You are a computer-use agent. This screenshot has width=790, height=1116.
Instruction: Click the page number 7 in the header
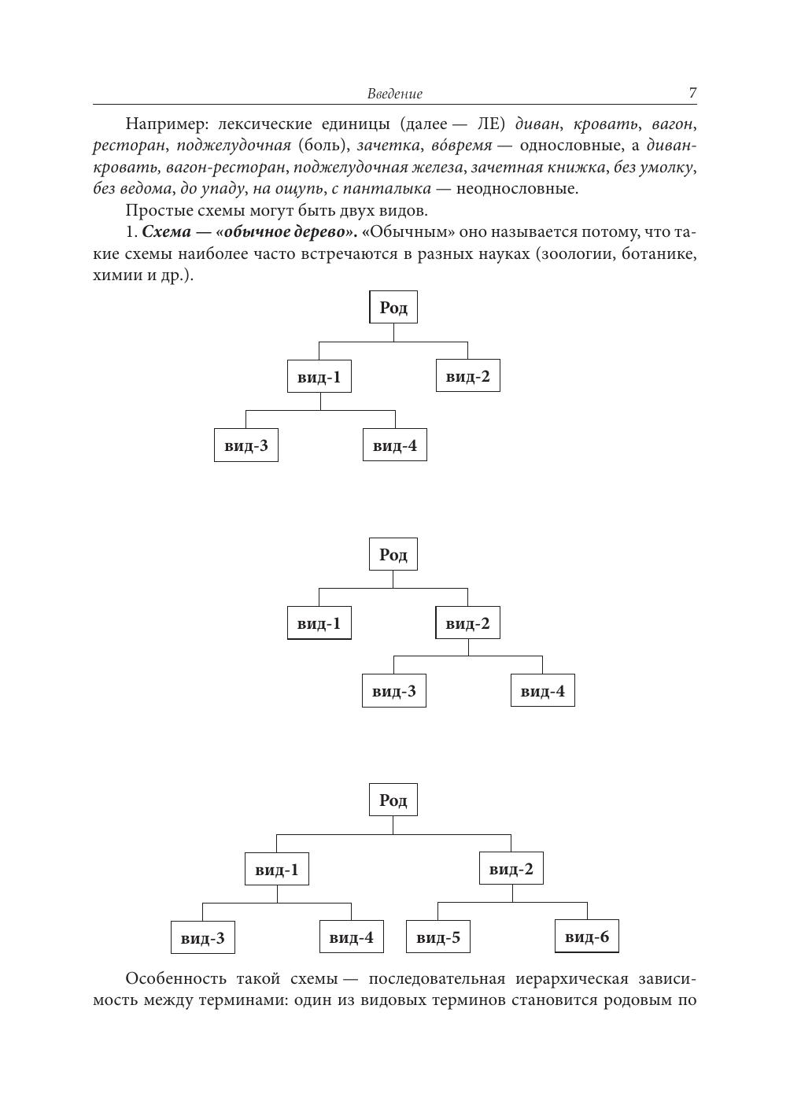tap(692, 93)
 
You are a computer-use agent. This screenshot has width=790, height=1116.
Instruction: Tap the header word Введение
tap(394, 94)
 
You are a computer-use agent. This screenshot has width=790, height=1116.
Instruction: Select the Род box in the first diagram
tap(393, 307)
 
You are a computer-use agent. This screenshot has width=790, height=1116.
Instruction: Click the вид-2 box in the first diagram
tap(468, 376)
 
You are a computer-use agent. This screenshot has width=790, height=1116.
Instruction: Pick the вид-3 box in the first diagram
tap(246, 445)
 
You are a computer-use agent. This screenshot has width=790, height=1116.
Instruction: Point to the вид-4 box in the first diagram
tap(395, 445)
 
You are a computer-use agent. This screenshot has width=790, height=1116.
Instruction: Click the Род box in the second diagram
tap(393, 554)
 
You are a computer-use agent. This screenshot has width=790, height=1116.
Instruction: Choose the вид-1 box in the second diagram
tap(319, 623)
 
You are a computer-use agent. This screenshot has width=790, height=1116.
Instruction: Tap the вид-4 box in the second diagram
tap(543, 691)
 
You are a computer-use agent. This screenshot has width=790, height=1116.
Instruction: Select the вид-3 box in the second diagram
tap(394, 691)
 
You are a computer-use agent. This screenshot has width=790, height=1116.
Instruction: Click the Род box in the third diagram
tap(393, 800)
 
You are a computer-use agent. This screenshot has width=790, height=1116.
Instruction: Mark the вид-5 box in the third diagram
tap(438, 937)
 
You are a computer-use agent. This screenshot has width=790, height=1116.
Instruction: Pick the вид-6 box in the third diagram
tap(587, 937)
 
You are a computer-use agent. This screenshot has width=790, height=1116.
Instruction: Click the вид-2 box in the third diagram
tap(511, 869)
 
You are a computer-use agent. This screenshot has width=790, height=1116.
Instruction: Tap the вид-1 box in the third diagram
tap(277, 870)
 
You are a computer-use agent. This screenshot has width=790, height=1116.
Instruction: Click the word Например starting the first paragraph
tap(161, 124)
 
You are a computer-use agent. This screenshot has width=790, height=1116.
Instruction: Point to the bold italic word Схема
tap(166, 233)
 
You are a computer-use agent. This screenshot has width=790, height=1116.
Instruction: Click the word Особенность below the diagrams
tap(174, 979)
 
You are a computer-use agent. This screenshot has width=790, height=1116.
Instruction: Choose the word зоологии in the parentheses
tap(576, 255)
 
